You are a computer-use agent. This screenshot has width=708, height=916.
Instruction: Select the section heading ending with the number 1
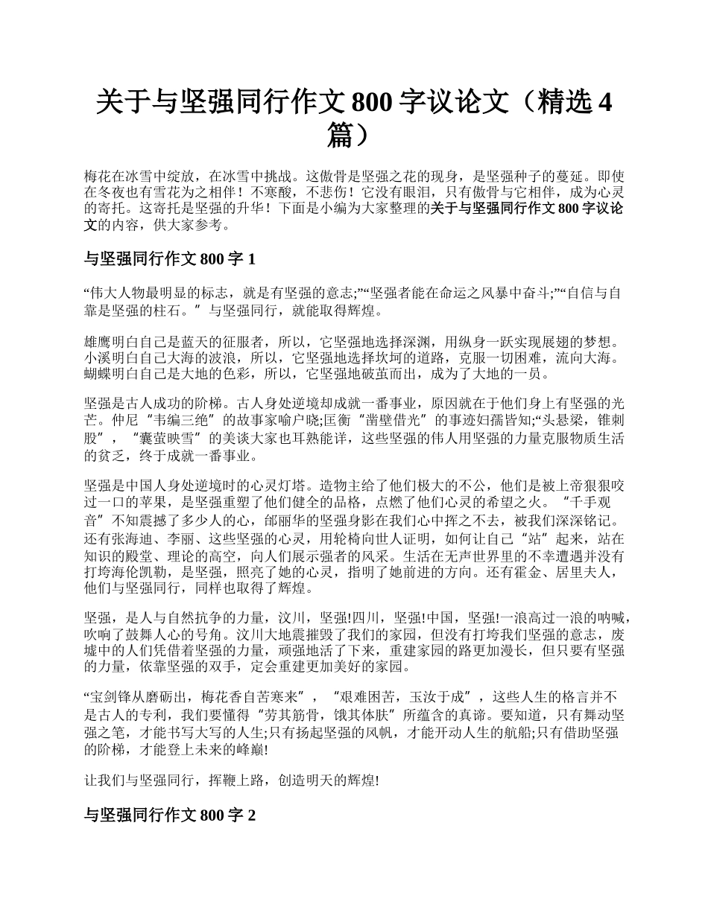[x=171, y=259]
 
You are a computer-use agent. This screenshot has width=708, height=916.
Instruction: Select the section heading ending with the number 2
[x=171, y=815]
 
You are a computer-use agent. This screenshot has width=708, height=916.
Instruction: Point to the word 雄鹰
[x=98, y=343]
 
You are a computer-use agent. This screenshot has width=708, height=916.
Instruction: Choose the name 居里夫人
[x=576, y=572]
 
